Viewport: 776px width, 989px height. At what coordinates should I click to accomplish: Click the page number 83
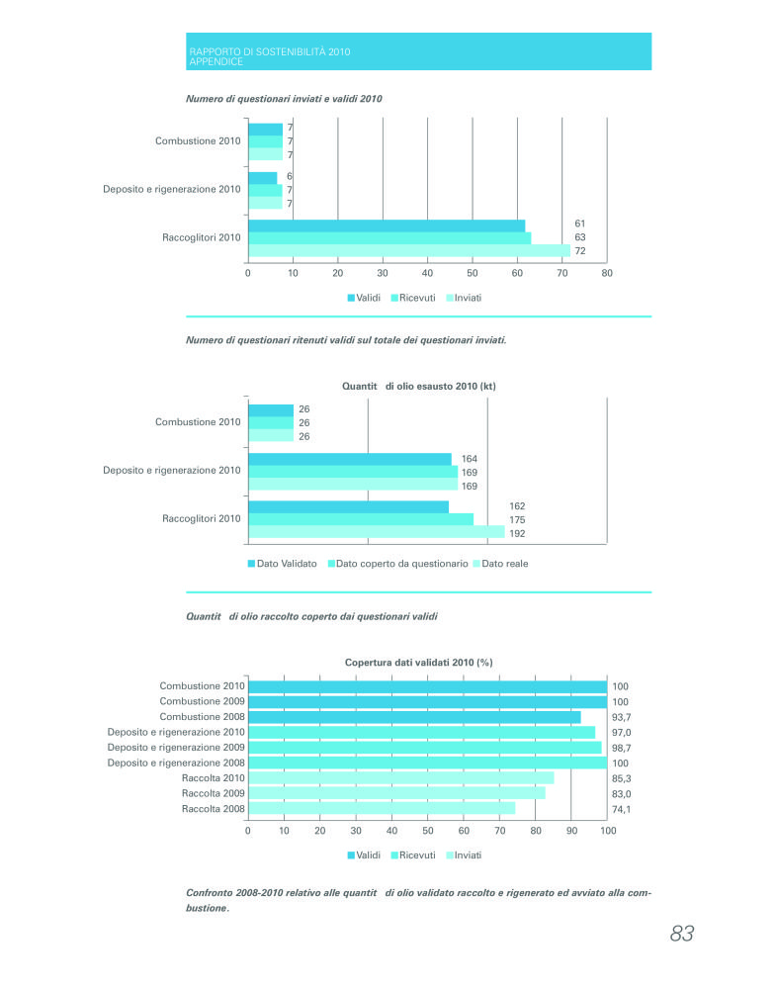click(681, 933)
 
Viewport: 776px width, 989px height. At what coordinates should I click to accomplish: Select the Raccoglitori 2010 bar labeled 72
click(409, 251)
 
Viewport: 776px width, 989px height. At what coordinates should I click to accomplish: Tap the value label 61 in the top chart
click(580, 224)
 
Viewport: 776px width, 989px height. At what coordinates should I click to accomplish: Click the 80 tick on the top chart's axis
click(607, 273)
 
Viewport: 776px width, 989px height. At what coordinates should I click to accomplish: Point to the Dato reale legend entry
click(500, 564)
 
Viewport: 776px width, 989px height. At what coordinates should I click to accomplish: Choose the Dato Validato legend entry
click(283, 564)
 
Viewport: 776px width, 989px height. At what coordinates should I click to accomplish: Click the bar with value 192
click(377, 532)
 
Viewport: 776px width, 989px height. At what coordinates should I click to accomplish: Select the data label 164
click(470, 459)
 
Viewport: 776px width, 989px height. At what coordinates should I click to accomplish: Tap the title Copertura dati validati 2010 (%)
click(418, 663)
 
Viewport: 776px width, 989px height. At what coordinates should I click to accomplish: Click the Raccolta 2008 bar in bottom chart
click(382, 808)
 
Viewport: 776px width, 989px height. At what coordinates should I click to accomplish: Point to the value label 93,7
click(622, 717)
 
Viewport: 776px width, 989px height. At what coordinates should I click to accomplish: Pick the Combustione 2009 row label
click(202, 701)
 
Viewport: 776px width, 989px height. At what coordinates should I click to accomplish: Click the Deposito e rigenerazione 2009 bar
click(425, 748)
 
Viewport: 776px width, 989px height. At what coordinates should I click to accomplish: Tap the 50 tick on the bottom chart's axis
click(428, 831)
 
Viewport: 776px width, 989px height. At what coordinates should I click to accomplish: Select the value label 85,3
click(622, 778)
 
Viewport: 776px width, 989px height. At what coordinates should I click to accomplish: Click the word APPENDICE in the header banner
click(216, 61)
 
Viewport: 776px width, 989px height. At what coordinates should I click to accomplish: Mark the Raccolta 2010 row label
click(214, 778)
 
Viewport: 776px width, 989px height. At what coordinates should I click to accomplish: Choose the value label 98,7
click(622, 748)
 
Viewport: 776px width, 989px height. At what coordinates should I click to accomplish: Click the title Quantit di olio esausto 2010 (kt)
click(418, 386)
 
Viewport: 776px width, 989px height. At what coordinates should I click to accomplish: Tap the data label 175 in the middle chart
click(518, 520)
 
